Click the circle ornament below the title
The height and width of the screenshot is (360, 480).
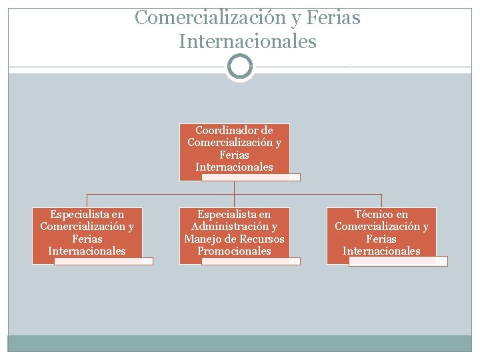pos(240,67)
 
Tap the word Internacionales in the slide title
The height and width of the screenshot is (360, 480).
pos(247,41)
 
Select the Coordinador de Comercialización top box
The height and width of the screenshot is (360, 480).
pos(234,150)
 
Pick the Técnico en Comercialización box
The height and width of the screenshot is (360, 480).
pos(381,233)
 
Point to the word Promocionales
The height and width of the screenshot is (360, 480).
pos(234,251)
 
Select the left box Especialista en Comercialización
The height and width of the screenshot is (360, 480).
pos(87,233)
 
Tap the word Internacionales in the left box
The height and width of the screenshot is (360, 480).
pos(87,251)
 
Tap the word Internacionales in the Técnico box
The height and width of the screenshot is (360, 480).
pos(381,251)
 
